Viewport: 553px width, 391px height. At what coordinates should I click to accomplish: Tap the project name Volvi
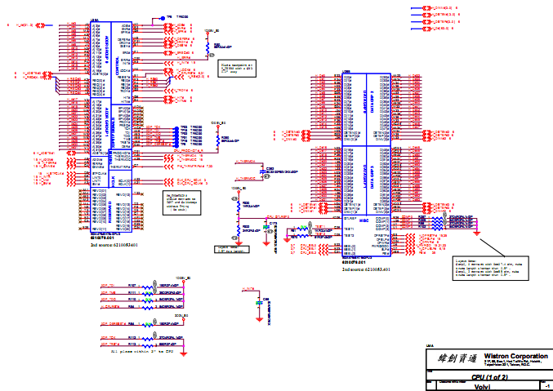point(482,386)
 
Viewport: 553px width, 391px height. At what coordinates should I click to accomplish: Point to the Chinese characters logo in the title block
point(453,358)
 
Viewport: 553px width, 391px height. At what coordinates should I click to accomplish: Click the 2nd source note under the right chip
point(365,268)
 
